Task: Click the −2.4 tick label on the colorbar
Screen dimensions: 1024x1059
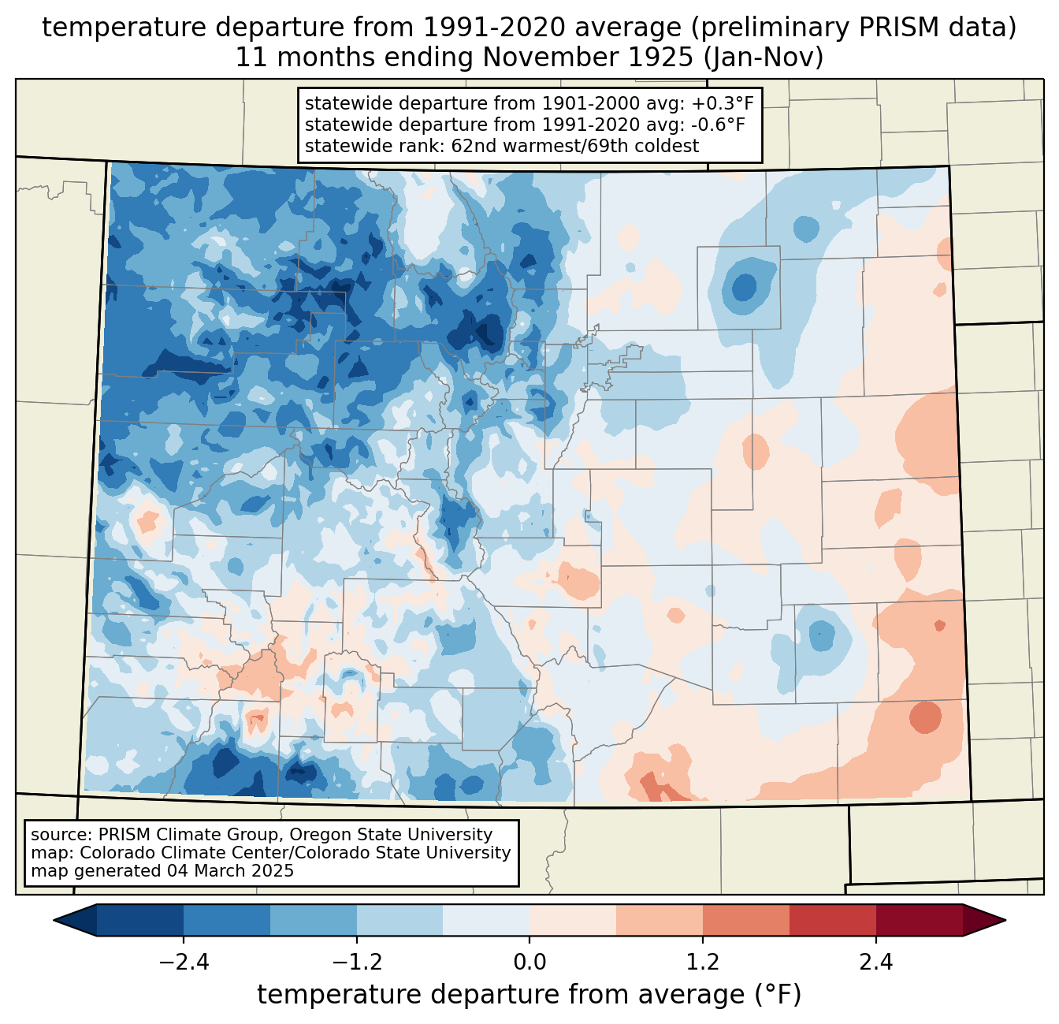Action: pos(184,963)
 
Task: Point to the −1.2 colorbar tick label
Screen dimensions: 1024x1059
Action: pos(357,963)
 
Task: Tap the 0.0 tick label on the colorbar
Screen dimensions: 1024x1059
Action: pos(529,963)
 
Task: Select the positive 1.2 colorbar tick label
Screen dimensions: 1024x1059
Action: pos(703,963)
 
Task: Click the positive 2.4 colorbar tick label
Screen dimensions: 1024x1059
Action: pos(875,963)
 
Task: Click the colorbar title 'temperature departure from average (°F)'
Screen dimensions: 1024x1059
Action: pos(529,995)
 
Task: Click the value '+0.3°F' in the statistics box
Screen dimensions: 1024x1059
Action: pos(723,104)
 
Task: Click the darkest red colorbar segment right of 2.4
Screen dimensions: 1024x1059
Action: pos(919,920)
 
